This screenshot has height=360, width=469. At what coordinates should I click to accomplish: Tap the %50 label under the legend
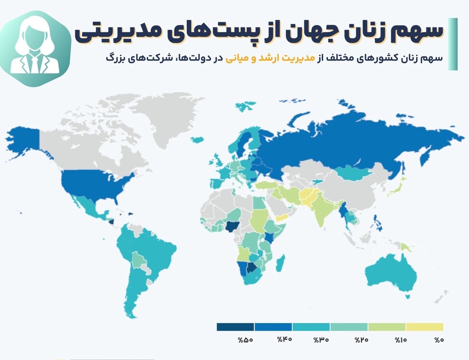(246, 340)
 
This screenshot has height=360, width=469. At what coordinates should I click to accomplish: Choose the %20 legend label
(361, 340)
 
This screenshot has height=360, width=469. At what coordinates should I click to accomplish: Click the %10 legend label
(400, 340)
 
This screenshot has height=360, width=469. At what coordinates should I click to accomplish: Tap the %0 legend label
(439, 340)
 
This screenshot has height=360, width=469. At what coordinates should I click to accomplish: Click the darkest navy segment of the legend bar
(235, 327)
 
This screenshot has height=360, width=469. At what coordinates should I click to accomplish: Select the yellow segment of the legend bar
(424, 327)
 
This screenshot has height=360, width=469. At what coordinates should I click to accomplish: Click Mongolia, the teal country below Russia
(352, 173)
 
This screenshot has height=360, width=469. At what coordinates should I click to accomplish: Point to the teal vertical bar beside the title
(453, 44)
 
